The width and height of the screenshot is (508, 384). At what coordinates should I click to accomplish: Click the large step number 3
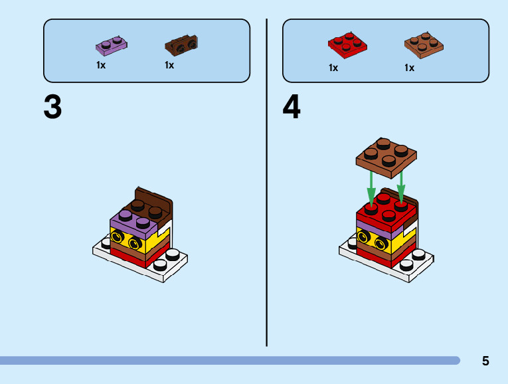pos(52,107)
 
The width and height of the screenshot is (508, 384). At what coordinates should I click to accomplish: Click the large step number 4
pos(292,107)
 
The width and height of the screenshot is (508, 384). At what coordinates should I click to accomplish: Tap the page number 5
pos(485,361)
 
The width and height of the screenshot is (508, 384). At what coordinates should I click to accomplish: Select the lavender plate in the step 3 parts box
pos(112,46)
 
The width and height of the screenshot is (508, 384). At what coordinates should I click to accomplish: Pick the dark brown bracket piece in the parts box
pos(181,45)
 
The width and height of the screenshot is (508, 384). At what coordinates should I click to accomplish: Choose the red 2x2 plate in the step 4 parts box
pos(348,44)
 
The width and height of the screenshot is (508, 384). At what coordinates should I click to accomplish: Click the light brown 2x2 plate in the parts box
pos(424,44)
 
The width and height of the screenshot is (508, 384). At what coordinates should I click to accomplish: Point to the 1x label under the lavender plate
pos(101,66)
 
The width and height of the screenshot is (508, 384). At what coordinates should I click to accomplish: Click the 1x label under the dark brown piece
pos(169,66)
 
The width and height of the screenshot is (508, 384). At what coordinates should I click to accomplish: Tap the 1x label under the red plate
pos(333,68)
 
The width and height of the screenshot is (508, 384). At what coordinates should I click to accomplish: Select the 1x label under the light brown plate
pos(409,68)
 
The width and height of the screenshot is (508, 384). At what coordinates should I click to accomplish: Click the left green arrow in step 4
pos(371,187)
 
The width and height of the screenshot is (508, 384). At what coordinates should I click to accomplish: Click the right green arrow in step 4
pos(401,186)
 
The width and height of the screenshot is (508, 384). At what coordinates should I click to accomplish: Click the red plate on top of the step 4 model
pos(381,209)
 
